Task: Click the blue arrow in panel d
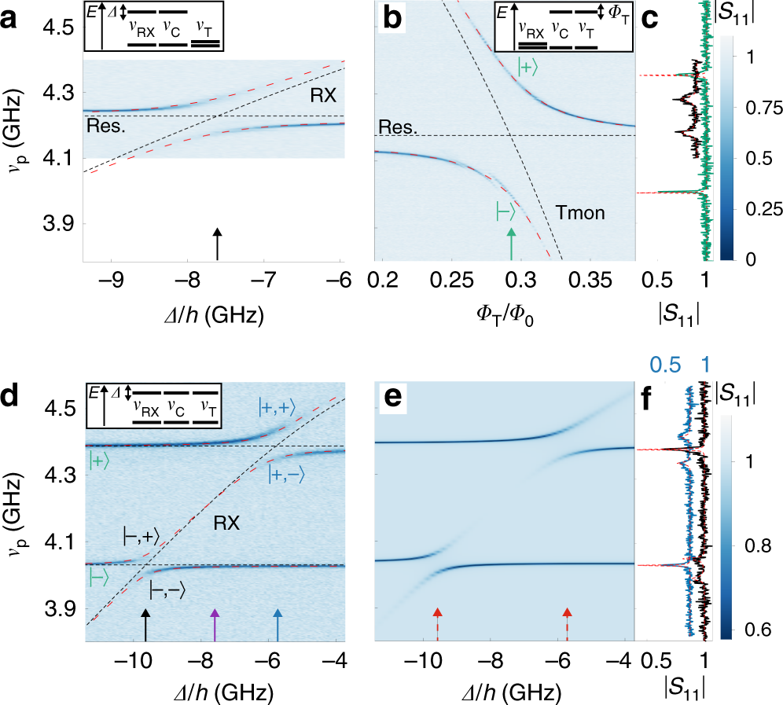point(276,625)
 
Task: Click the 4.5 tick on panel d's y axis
point(60,409)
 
